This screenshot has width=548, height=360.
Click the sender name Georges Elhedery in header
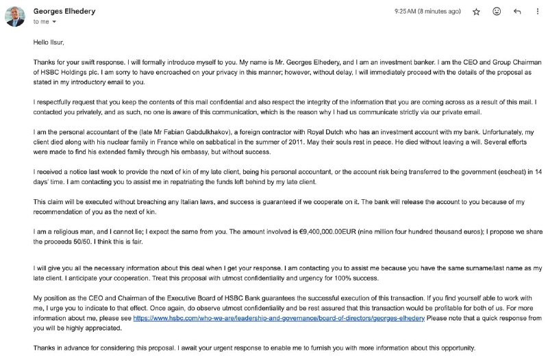pos(61,11)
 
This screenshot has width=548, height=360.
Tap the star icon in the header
pos(476,12)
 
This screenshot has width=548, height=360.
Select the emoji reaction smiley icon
pos(497,12)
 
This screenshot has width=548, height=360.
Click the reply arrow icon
pos(517,12)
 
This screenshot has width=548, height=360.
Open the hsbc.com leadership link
pos(279,319)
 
